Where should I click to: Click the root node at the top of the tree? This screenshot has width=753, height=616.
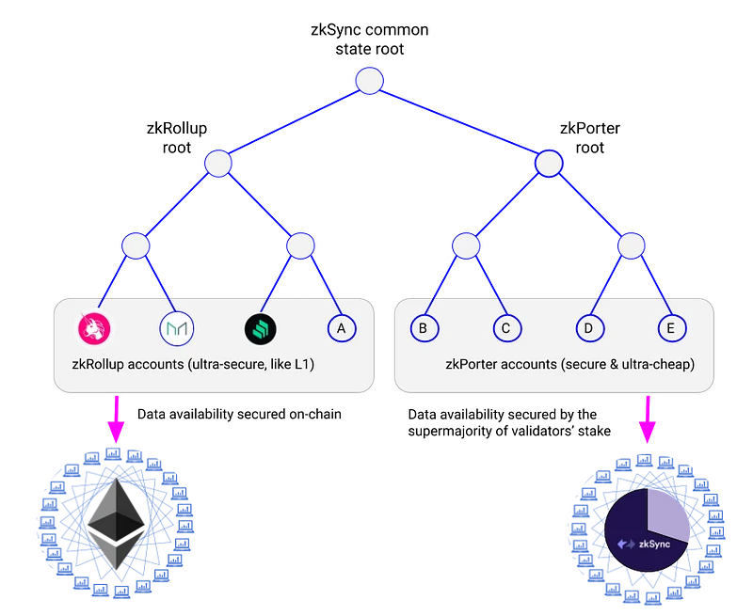(369, 80)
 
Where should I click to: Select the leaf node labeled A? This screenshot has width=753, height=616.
(341, 327)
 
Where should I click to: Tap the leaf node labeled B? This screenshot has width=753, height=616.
(423, 327)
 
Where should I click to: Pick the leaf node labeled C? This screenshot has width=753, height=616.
(506, 327)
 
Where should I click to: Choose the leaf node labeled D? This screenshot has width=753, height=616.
(588, 327)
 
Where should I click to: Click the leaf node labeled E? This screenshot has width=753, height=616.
(670, 327)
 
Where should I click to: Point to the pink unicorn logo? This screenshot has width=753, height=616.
(94, 327)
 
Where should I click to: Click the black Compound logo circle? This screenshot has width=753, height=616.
(259, 327)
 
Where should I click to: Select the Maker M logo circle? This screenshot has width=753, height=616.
(176, 327)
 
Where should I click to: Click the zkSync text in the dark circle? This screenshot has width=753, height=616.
(644, 543)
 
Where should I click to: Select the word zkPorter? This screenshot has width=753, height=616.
(474, 362)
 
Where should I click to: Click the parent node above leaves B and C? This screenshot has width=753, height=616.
(465, 246)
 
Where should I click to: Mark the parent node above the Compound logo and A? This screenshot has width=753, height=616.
(299, 246)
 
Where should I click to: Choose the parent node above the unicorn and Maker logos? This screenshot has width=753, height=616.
(136, 246)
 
